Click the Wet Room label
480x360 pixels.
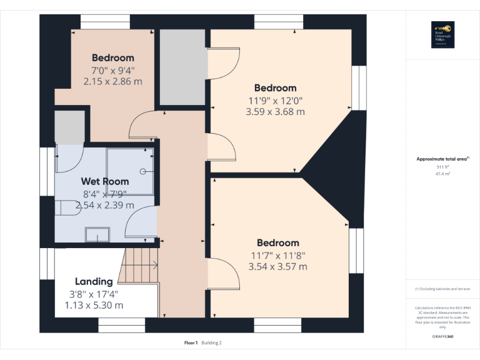pos(105,181)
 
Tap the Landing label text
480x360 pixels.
pos(94,281)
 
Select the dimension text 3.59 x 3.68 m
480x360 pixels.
pos(275,112)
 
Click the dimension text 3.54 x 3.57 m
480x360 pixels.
pos(277,267)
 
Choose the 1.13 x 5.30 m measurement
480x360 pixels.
pos(94,305)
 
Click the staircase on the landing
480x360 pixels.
pos(139,265)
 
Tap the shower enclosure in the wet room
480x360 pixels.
pos(130,171)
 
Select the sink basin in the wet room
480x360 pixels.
pos(96,234)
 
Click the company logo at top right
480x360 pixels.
pos(442,35)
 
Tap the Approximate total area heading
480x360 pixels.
pos(442,159)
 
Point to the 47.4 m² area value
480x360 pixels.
pos(442,174)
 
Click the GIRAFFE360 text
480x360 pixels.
pos(442,337)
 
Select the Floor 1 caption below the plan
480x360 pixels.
pos(191,342)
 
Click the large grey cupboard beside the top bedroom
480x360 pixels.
pos(182,67)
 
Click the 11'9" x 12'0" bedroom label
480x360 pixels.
pos(275,100)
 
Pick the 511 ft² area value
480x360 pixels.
pos(442,167)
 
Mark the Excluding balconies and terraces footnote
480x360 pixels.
pos(442,289)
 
